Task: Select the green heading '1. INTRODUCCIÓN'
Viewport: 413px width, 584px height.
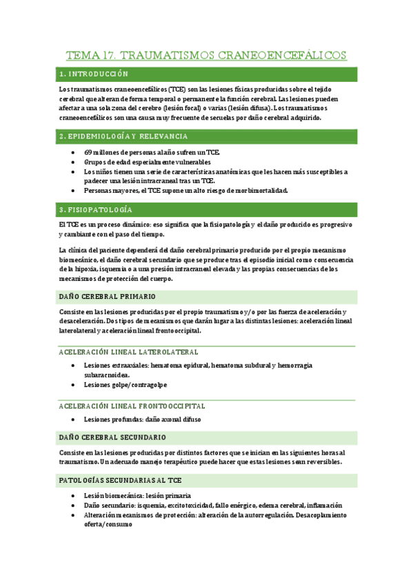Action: pos(94,74)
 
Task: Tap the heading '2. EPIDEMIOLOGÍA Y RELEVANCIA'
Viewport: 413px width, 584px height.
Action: pos(123,136)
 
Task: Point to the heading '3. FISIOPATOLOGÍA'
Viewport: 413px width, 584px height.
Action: pos(97,209)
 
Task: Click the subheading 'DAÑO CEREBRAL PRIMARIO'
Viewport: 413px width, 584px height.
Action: pos(108,297)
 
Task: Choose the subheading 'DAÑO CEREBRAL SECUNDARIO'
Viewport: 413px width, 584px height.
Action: pos(112,437)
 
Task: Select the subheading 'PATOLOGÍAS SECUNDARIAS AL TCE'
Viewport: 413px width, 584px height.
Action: pos(121,479)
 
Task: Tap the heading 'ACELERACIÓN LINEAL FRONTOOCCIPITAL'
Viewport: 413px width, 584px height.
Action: pos(132,406)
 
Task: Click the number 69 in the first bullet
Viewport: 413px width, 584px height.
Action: pos(88,152)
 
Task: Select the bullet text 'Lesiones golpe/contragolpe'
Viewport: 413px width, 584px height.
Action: pos(125,384)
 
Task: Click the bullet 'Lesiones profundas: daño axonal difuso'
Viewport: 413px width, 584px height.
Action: pos(146,419)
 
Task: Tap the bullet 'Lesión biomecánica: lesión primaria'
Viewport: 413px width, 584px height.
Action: pos(138,495)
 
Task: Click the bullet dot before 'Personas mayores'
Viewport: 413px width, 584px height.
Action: pos(74,191)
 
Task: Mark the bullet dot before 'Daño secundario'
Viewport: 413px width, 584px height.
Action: pos(74,505)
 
